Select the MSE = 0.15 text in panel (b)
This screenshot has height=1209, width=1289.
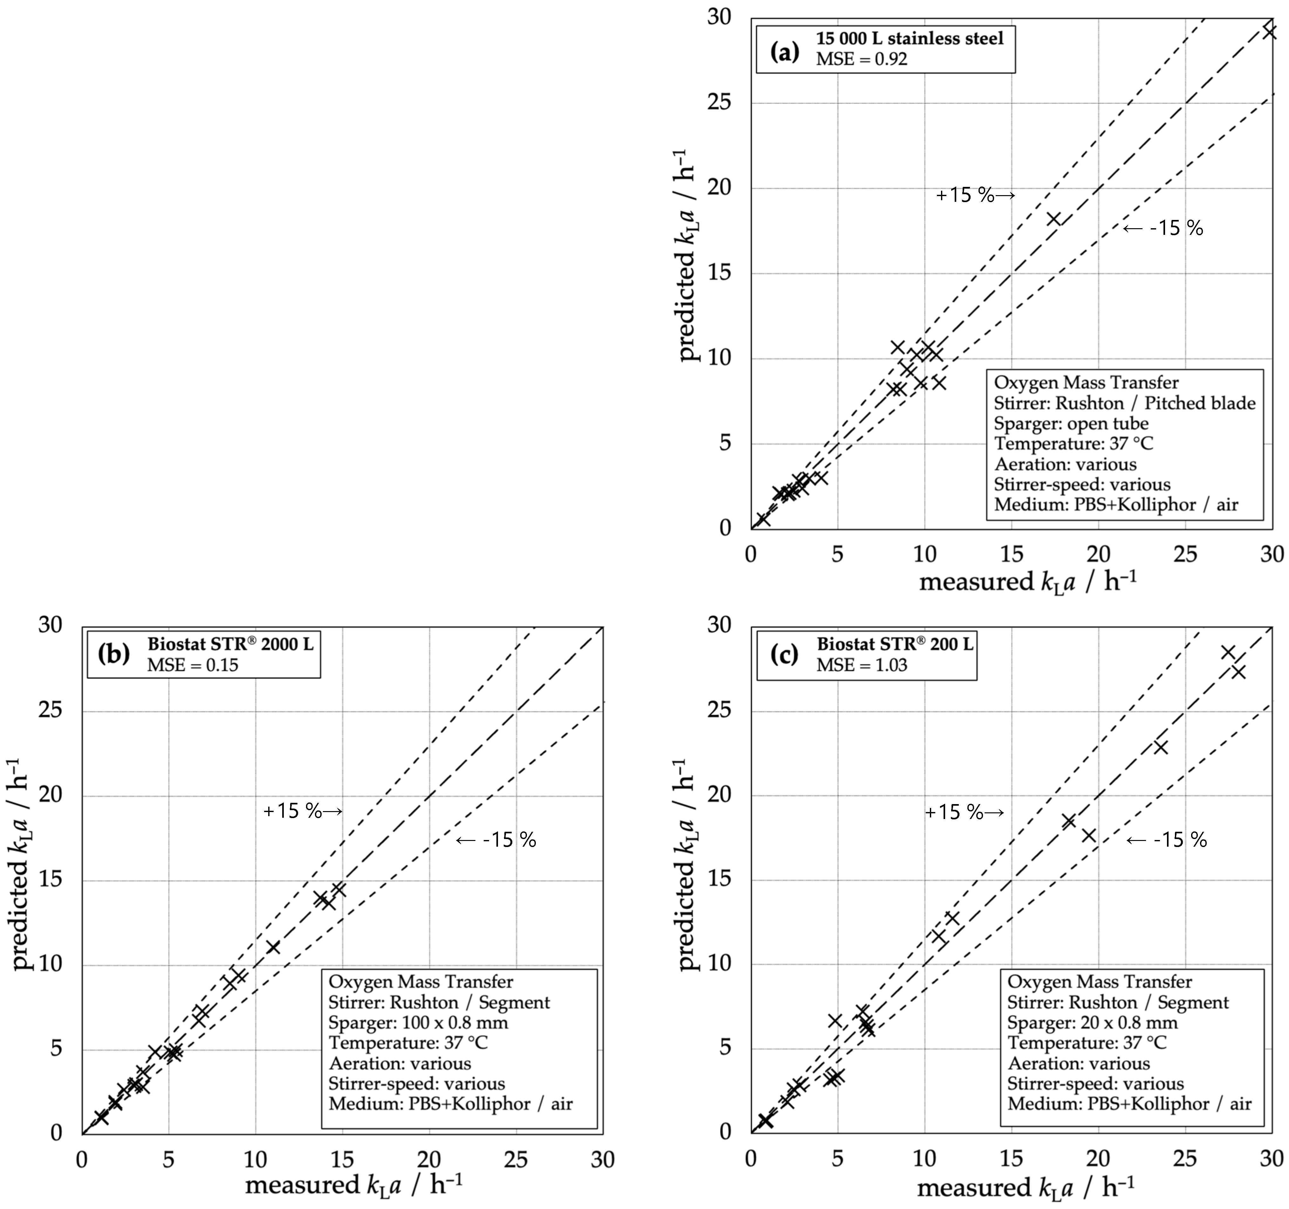click(x=193, y=665)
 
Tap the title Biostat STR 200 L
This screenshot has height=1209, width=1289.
click(x=895, y=644)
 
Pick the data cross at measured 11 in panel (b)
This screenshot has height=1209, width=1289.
click(x=273, y=948)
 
